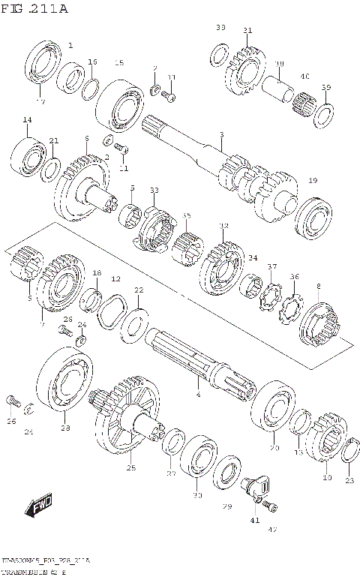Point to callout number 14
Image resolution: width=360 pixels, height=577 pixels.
27,120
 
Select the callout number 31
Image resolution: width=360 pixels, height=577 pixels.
247,31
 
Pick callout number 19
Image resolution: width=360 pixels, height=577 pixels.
313,180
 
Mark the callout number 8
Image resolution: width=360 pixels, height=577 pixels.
318,286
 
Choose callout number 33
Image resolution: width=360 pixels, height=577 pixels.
154,191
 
